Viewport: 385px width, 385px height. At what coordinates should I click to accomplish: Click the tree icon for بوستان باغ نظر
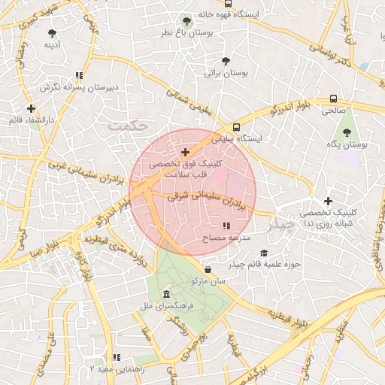pos(186,21)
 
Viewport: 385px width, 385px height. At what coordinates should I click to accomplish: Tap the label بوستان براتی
pos(226,74)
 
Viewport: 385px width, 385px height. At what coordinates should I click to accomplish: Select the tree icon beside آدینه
pos(52,33)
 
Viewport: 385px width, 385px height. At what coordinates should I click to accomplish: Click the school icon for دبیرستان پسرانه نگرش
pos(78,75)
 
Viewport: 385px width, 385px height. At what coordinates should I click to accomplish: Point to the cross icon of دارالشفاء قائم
pos(31,108)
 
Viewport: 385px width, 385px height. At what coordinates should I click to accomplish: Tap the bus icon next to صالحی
pos(333,99)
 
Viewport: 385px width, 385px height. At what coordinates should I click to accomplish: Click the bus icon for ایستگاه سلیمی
pos(237,127)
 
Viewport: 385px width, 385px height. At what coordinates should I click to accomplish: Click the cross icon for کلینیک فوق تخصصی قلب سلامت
pos(186,152)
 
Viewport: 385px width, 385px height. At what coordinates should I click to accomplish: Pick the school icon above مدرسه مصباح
pos(226,226)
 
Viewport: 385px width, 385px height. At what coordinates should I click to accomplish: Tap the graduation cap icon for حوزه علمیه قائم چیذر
pos(262,253)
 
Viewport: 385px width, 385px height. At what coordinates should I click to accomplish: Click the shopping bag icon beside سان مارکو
pos(207,269)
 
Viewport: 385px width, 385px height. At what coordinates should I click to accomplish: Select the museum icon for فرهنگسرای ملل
pos(165,294)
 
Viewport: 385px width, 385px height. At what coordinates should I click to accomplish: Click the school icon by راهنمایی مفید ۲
pos(116,358)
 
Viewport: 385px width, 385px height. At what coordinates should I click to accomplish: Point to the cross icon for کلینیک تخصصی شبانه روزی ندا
pos(328,201)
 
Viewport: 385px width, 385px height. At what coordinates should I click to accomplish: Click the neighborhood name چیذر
pos(283,224)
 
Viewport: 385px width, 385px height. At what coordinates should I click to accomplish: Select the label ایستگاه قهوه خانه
pos(229,14)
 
